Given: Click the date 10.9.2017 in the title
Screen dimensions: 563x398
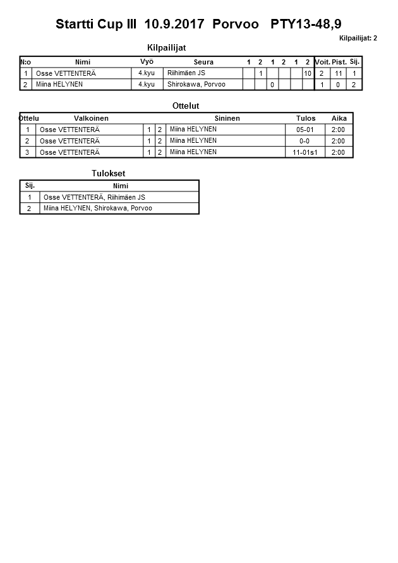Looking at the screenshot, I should (x=174, y=25).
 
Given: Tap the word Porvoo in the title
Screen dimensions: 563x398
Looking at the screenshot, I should (x=236, y=25).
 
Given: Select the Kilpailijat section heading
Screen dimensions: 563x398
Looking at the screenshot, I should (x=166, y=47).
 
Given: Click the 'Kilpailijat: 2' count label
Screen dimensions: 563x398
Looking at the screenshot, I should (x=358, y=39).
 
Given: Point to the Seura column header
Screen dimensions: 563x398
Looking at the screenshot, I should (x=203, y=62).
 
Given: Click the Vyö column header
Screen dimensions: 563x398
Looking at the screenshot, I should (x=147, y=62).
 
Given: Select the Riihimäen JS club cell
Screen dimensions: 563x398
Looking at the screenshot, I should (x=186, y=73).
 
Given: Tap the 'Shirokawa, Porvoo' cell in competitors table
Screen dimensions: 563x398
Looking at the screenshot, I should (x=196, y=84).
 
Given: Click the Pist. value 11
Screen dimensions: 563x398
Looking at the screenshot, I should (x=339, y=73).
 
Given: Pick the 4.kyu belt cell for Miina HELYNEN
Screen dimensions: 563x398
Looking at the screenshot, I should (x=147, y=84).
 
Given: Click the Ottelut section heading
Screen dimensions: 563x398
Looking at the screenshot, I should (x=185, y=106).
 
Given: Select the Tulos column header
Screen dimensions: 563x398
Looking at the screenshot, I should (x=305, y=118).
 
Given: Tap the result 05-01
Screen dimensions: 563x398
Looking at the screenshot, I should (x=305, y=130).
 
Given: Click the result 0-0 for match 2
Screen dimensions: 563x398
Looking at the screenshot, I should (x=305, y=141).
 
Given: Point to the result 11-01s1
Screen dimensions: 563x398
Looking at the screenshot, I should (x=305, y=152).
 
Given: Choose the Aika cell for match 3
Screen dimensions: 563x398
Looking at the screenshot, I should (x=339, y=152).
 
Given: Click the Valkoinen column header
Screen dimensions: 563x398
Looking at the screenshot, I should (x=91, y=118).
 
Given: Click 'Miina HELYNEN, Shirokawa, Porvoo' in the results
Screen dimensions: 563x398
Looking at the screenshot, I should (x=98, y=208).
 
